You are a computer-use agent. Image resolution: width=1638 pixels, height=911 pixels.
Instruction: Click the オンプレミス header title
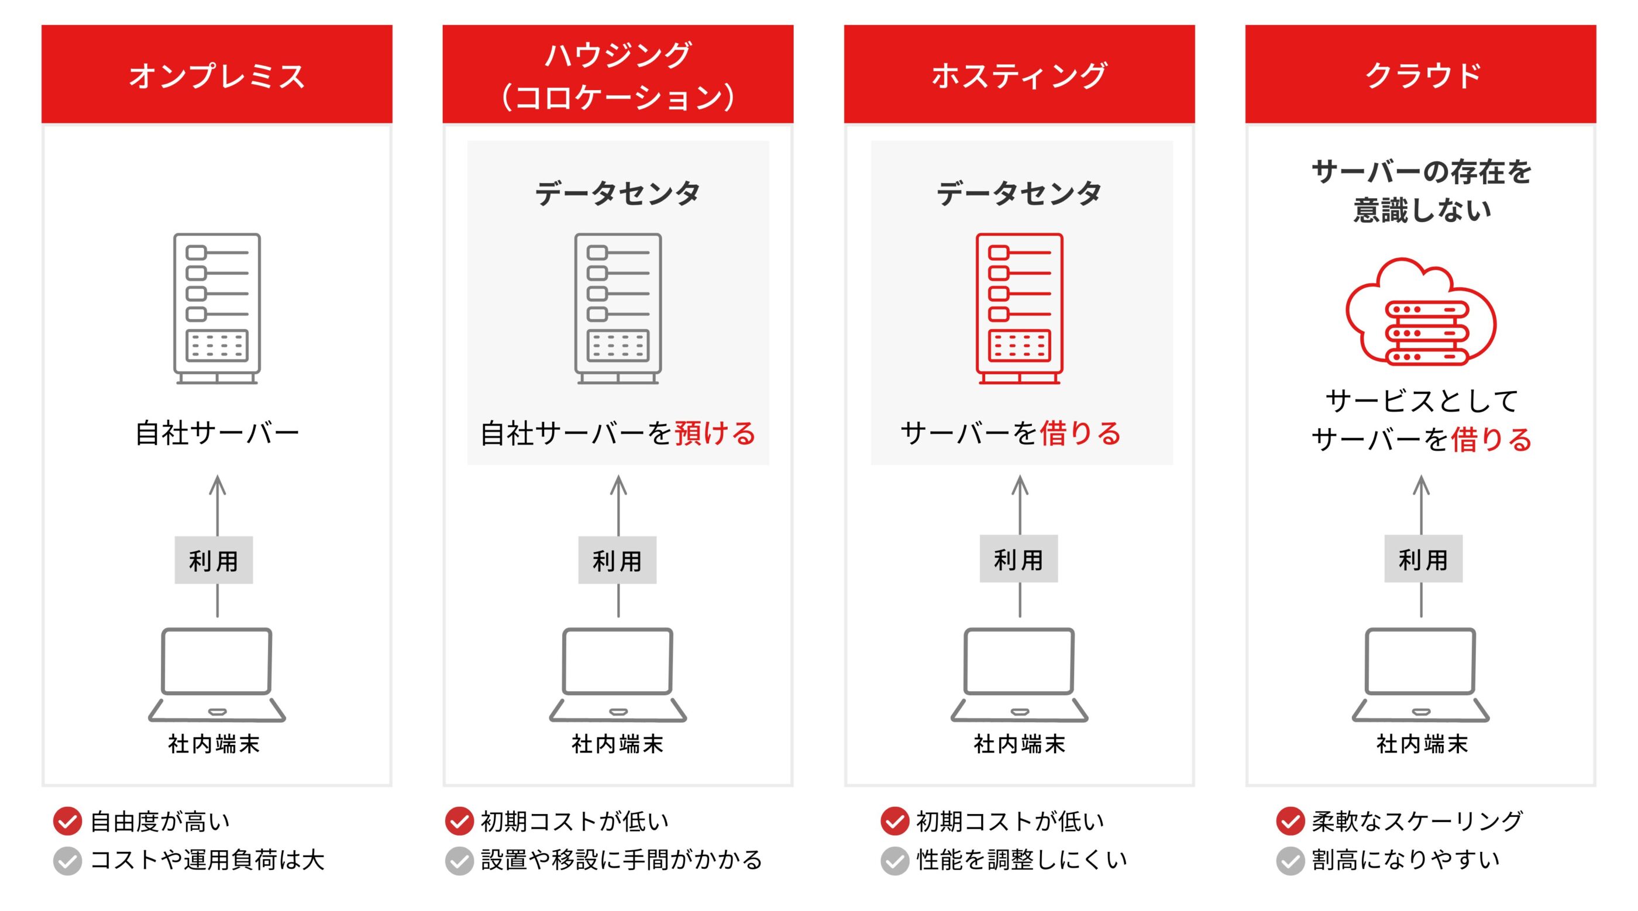point(217,75)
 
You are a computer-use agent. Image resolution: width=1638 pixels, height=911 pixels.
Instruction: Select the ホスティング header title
point(1018,75)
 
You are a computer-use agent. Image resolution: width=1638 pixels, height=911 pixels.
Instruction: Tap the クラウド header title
point(1422,75)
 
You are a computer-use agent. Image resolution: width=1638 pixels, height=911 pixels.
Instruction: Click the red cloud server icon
point(1421,312)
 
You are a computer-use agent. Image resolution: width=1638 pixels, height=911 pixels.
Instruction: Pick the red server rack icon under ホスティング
point(1019,308)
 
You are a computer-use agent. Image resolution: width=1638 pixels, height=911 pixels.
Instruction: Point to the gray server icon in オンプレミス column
point(217,308)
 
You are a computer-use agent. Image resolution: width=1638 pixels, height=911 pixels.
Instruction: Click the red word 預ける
point(715,433)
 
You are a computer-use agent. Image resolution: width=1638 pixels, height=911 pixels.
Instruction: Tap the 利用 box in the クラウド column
point(1423,559)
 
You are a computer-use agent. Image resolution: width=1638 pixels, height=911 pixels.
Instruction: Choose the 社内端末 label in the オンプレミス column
point(214,743)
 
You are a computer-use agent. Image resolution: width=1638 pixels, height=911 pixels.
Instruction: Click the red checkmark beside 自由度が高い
point(67,821)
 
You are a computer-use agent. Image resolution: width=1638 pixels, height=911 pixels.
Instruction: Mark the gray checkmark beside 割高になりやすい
point(1290,861)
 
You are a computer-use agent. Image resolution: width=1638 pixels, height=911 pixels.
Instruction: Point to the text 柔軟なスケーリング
point(1417,821)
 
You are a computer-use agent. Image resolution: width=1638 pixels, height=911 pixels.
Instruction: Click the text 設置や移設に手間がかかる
point(621,860)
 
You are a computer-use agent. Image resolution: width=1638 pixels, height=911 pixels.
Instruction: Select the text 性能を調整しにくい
point(1021,860)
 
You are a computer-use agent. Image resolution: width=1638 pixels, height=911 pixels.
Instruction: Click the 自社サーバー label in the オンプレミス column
point(217,433)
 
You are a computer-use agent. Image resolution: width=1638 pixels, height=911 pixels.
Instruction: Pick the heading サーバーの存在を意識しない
point(1421,191)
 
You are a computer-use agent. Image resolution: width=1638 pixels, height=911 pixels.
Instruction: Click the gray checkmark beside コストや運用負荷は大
point(67,861)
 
